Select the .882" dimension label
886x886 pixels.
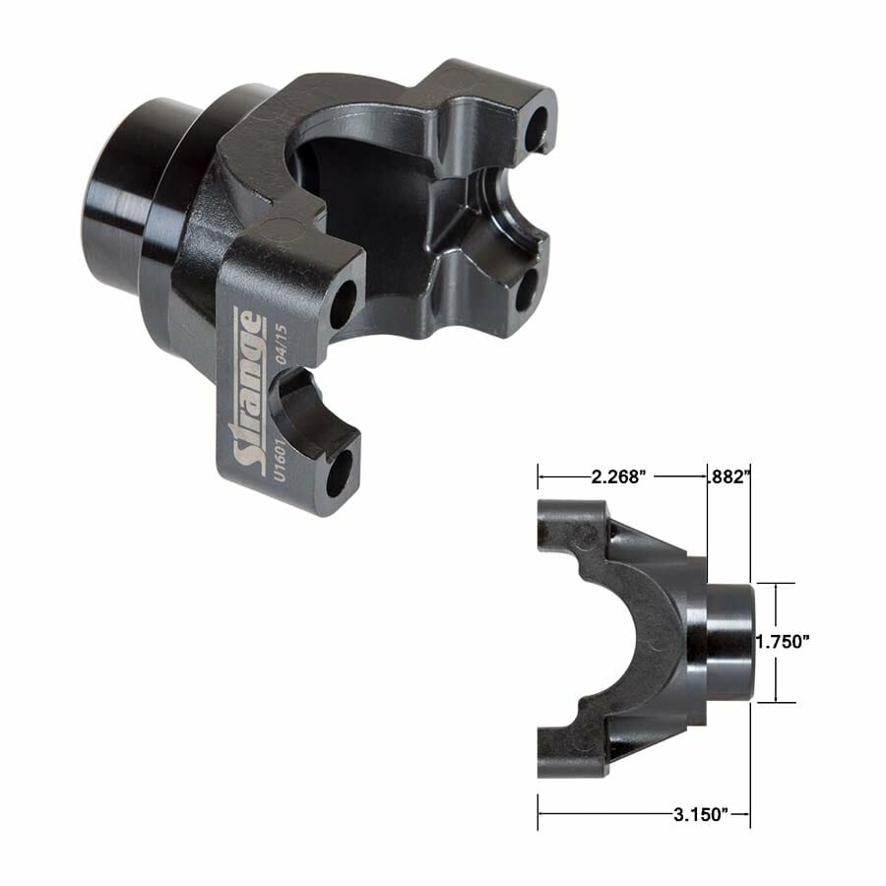click(x=729, y=477)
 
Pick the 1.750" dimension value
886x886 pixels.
click(x=783, y=641)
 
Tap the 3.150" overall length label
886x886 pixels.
click(x=695, y=814)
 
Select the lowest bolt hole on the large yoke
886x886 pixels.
click(x=338, y=475)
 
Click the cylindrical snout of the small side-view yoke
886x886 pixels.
click(x=728, y=641)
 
